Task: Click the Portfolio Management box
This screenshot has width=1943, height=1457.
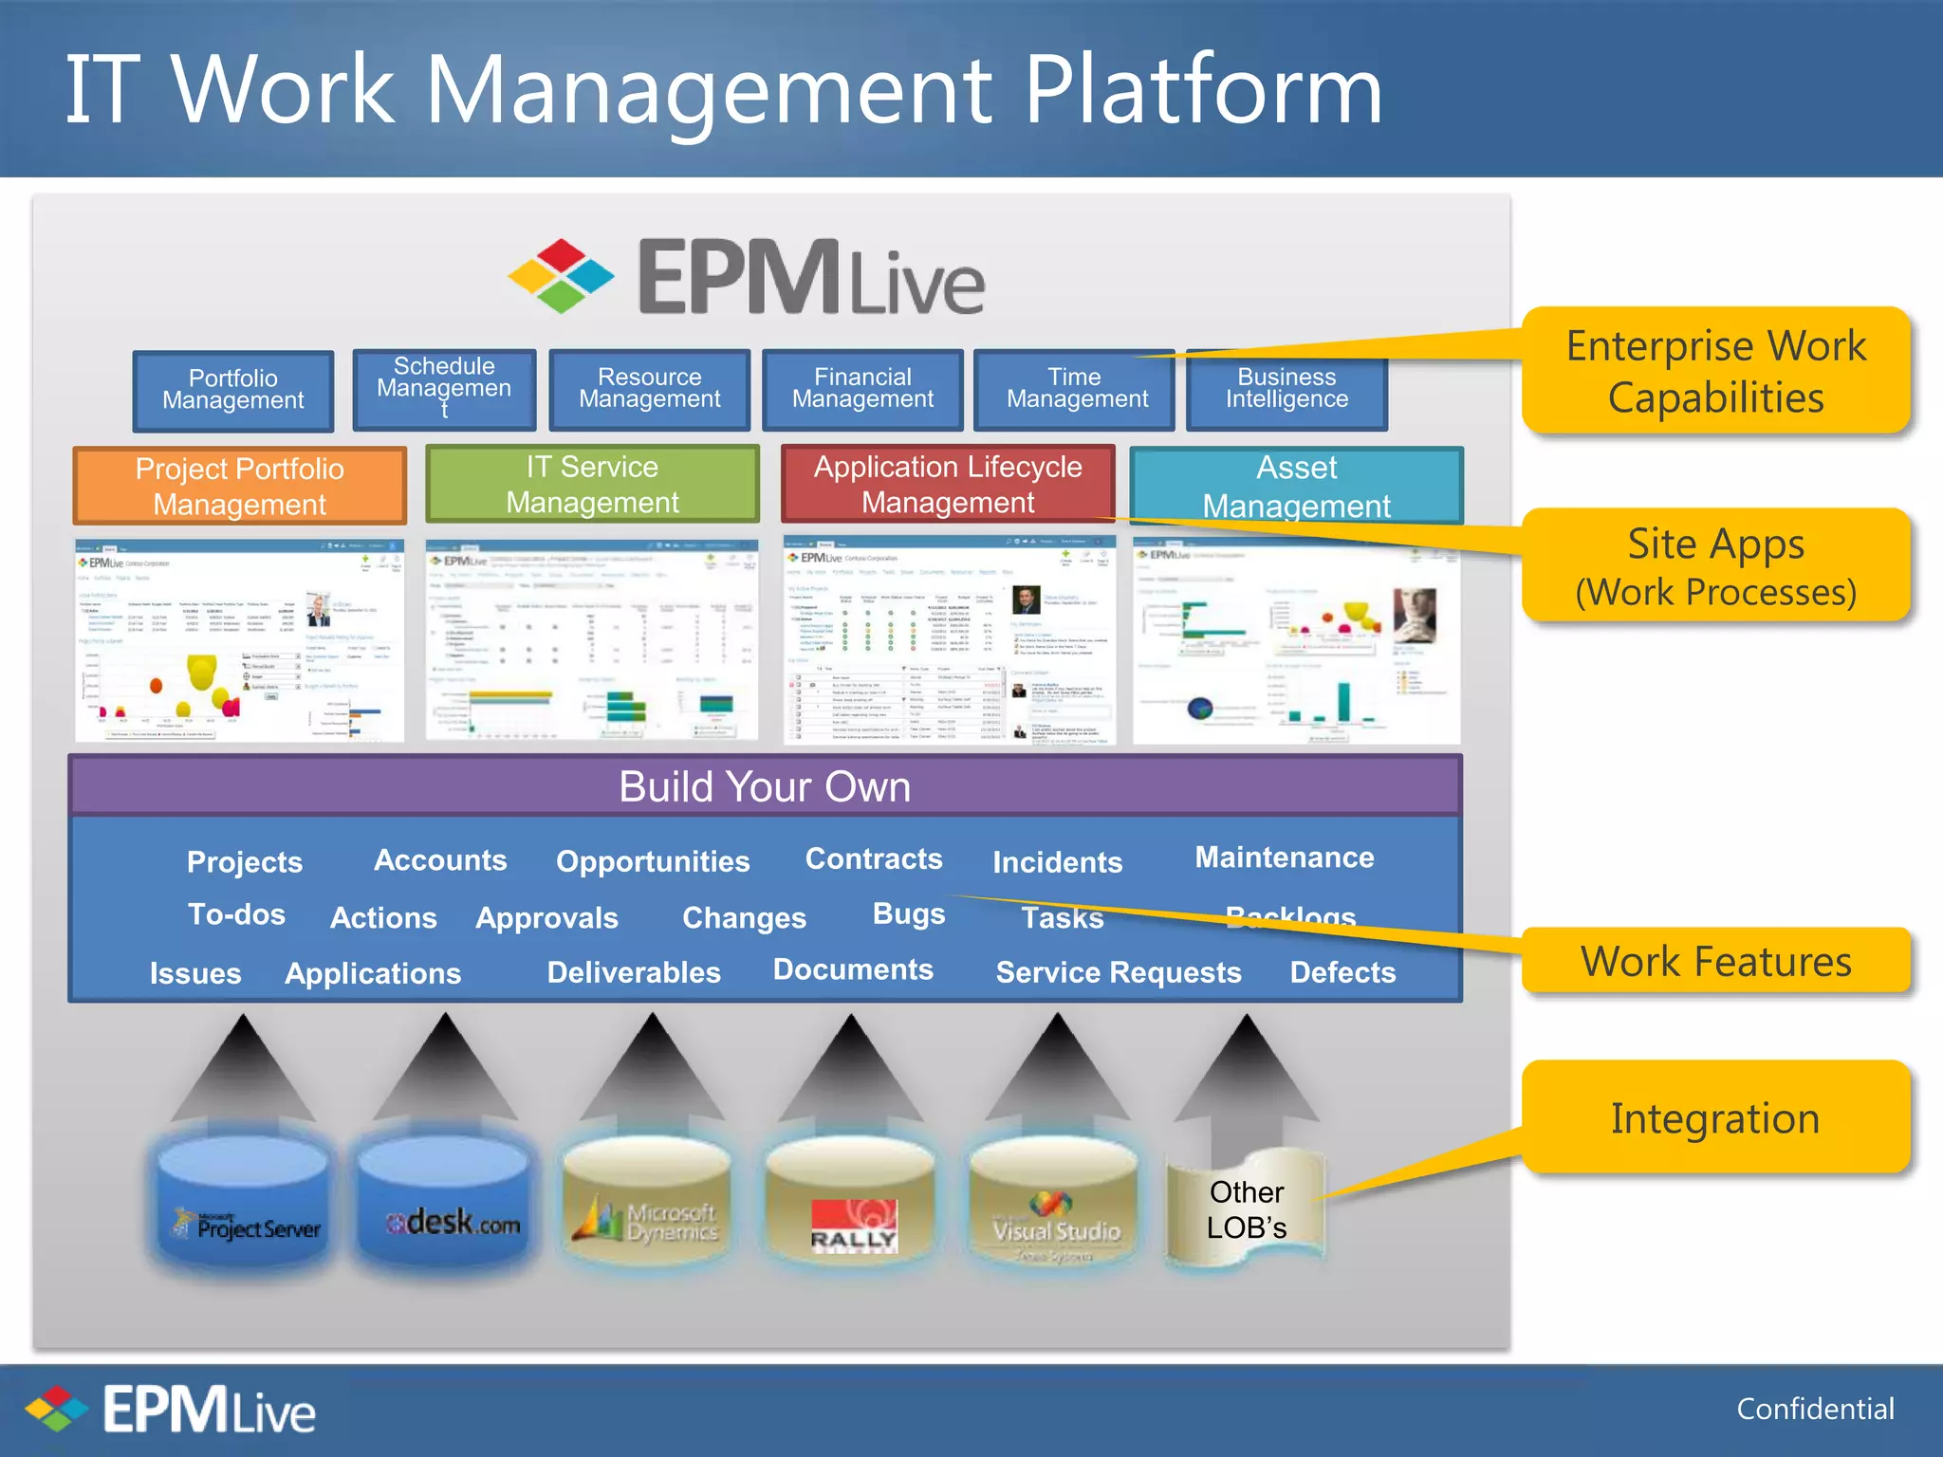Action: point(233,390)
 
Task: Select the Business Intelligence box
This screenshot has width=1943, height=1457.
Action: point(1286,389)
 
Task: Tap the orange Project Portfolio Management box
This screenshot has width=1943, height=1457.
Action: point(240,486)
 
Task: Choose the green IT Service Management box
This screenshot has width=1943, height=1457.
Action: point(592,484)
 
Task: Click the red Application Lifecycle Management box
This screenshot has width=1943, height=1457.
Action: point(948,484)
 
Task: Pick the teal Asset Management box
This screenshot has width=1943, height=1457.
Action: point(1296,486)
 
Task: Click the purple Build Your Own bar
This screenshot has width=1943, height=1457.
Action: point(765,785)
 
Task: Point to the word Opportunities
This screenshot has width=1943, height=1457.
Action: point(653,861)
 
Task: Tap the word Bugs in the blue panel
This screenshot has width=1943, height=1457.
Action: point(908,913)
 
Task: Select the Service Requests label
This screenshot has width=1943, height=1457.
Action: point(1119,972)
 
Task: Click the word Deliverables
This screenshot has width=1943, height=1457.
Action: point(634,972)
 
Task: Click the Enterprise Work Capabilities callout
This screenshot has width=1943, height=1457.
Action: point(1715,371)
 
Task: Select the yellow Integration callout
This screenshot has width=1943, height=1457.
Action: point(1715,1118)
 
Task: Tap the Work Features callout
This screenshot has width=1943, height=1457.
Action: point(1715,961)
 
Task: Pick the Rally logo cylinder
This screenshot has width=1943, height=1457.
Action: point(851,1205)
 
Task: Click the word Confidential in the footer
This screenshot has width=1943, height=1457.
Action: point(1815,1409)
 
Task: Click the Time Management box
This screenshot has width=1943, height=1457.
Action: point(1076,389)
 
